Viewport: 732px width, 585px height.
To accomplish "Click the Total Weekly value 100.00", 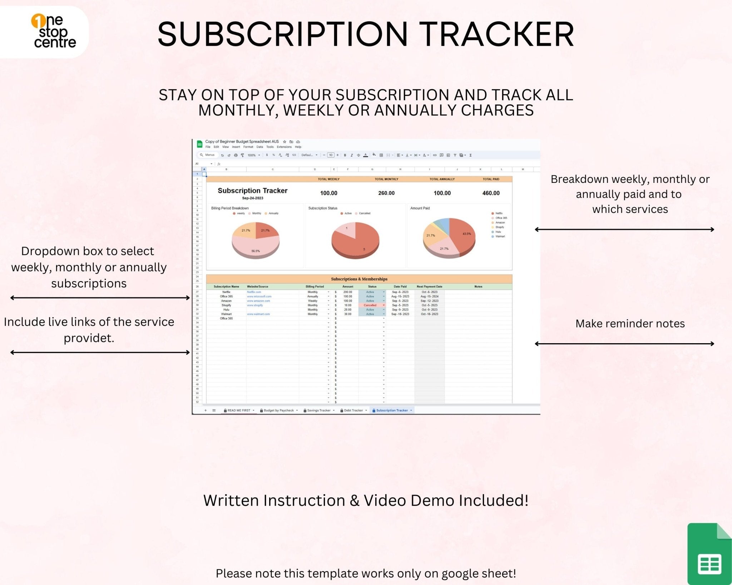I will [x=328, y=193].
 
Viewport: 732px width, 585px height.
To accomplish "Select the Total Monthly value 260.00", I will [x=386, y=193].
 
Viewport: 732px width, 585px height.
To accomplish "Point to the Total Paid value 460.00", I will [x=491, y=193].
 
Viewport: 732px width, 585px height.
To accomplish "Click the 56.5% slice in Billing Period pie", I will [x=256, y=247].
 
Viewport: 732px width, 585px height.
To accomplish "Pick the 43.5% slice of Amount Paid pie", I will [x=463, y=235].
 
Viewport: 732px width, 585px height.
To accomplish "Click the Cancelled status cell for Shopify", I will [x=370, y=305].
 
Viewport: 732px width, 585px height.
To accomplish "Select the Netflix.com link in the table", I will [x=254, y=292].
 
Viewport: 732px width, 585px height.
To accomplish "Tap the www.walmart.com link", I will [x=258, y=314].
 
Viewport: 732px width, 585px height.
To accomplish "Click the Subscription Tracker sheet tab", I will [x=392, y=410].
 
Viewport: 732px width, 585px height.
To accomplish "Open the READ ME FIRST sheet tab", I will [x=239, y=410].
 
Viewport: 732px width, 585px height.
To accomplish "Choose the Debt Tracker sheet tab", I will [x=353, y=410].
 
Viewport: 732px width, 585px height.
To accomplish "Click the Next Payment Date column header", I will [x=429, y=286].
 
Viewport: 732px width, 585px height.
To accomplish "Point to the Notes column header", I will [x=478, y=286].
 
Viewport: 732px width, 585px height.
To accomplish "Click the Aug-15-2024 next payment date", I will [x=429, y=296].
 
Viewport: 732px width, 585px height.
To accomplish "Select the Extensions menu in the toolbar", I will [x=284, y=147].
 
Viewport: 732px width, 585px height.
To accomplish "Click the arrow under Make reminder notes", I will [x=624, y=344].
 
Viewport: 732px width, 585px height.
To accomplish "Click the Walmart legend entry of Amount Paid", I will [x=500, y=236].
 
